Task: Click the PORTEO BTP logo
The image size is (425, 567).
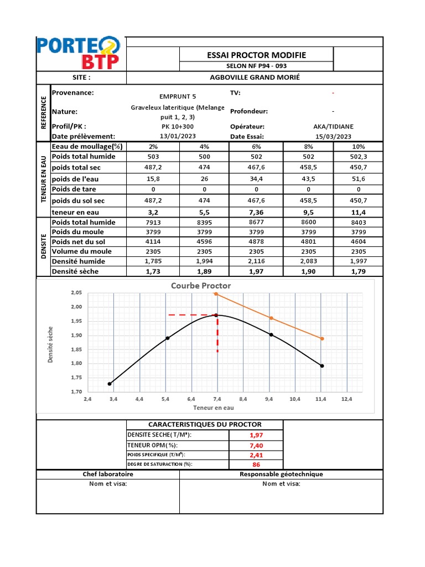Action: pos(77,53)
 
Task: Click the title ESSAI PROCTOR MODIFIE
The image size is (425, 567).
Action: pos(256,55)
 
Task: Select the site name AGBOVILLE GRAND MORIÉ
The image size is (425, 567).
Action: pos(255,78)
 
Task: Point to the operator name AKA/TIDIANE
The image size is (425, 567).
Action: pos(333,126)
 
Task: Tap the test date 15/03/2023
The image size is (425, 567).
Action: pos(333,136)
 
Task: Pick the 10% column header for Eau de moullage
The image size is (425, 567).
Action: pos(358,147)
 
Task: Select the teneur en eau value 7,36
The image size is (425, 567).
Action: pos(257,213)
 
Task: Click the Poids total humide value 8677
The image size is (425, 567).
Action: pos(257,223)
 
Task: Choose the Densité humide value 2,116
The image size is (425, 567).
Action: pos(257,261)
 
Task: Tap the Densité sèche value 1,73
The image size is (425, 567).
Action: pos(153,271)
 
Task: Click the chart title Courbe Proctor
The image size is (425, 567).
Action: pos(201,286)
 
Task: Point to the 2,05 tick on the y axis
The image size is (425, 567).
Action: pos(76,293)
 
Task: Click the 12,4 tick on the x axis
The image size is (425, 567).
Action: pos(346,399)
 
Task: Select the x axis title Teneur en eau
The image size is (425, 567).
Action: pos(213,408)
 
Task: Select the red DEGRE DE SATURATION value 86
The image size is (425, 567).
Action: pos(256,465)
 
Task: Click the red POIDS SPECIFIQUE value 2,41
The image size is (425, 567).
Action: pos(256,455)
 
